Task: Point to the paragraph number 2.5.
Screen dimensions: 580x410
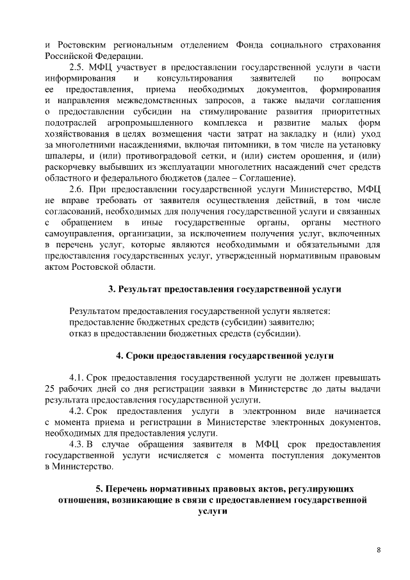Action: [x=78, y=67]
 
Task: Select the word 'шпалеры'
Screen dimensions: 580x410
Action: [x=65, y=155]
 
